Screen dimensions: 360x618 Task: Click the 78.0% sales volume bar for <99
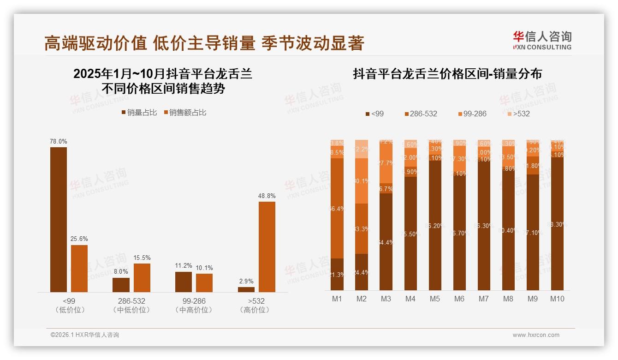coord(59,219)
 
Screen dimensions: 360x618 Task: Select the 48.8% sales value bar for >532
coord(267,246)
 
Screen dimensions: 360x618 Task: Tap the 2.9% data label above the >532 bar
coord(246,281)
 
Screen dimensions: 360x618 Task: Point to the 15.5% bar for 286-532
coord(142,277)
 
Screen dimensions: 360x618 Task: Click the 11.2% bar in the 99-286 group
coord(183,282)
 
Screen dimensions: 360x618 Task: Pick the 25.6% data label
coord(79,239)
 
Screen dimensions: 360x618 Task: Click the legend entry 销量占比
coord(139,113)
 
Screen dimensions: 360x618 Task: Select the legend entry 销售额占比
coord(184,113)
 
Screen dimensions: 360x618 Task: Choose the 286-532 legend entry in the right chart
coord(420,114)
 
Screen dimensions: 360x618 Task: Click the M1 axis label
coord(337,299)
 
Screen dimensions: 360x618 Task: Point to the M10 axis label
coord(557,299)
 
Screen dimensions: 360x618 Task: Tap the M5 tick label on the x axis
coord(435,299)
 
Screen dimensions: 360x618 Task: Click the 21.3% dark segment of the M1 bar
coord(337,274)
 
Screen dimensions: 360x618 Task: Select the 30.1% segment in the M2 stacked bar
coord(362,181)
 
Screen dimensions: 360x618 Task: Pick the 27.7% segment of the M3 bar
coord(386,163)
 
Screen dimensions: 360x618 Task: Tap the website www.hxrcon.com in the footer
coord(536,335)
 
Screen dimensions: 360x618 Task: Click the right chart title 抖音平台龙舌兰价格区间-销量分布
coord(447,74)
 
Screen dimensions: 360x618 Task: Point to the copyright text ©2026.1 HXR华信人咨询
coord(85,335)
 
